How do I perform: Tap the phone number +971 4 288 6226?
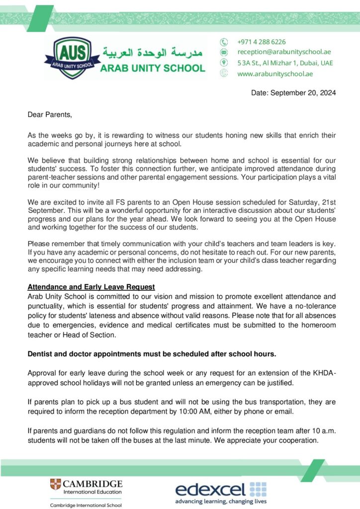coord(262,42)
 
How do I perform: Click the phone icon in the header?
coord(224,42)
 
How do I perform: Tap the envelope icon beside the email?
coord(224,52)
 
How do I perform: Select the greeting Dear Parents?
coord(50,115)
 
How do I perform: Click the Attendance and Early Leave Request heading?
coord(91,287)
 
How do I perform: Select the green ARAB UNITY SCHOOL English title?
coord(152,68)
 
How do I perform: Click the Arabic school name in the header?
coord(152,52)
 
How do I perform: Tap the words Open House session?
coord(183,202)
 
